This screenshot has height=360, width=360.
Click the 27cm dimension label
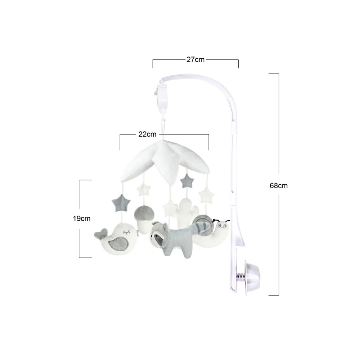pyautogui.click(x=195, y=59)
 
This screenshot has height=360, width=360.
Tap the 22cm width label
pyautogui.click(x=147, y=134)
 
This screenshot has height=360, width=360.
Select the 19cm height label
pyautogui.click(x=82, y=219)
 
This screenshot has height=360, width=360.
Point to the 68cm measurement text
pyautogui.click(x=279, y=185)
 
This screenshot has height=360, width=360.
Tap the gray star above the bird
pyautogui.click(x=121, y=203)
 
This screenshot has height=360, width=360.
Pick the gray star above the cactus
pyautogui.click(x=187, y=181)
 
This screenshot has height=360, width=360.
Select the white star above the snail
pyautogui.click(x=206, y=195)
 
